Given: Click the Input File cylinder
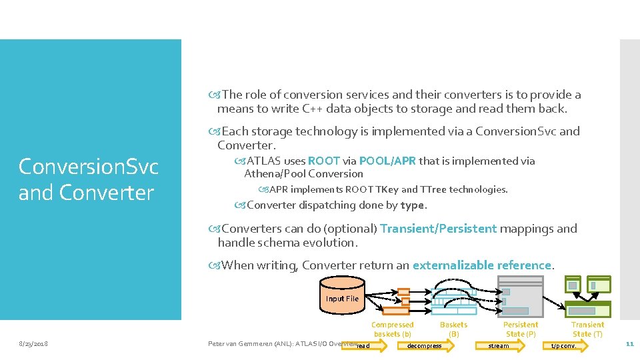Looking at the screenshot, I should [342, 298].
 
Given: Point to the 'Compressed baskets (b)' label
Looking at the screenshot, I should [392, 329].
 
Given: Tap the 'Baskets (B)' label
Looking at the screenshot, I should [453, 329].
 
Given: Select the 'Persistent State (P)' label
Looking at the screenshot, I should [521, 329].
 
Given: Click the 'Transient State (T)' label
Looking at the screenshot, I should [587, 329].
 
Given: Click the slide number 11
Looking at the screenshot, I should [629, 344].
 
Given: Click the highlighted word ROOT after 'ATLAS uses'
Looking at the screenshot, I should [324, 161].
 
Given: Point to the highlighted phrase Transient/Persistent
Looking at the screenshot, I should [438, 229].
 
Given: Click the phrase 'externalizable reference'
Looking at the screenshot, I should [482, 265].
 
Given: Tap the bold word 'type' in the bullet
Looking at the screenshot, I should [413, 205].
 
